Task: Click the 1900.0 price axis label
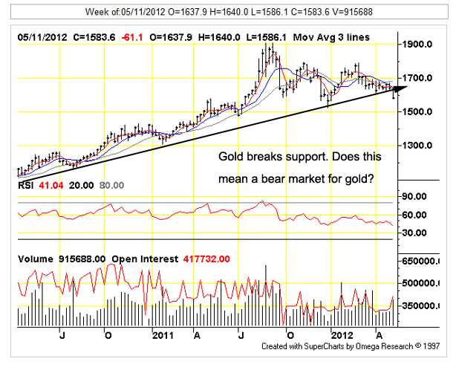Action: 417,45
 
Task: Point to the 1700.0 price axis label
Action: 417,78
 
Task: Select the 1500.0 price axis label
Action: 417,111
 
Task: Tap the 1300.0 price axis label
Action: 417,146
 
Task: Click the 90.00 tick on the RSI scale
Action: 414,197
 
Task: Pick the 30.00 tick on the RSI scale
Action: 414,233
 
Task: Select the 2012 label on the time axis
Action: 342,335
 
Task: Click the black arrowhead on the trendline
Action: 400,89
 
